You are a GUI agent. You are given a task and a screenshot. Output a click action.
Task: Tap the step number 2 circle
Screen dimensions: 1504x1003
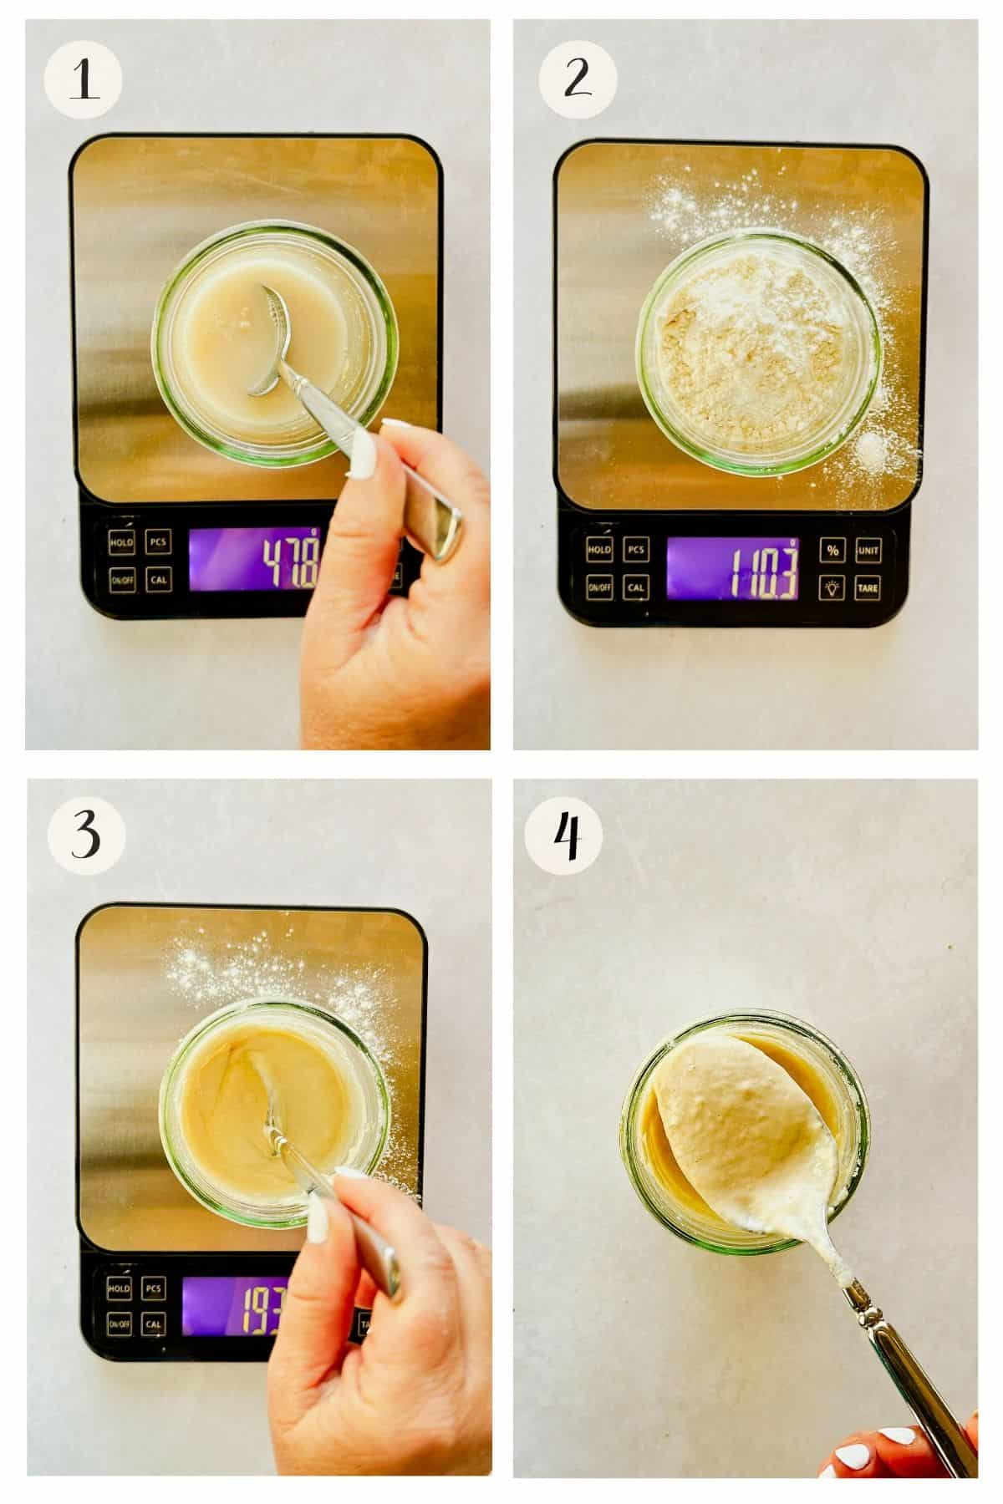point(578,81)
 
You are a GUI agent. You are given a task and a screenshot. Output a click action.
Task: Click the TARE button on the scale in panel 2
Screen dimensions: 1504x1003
point(868,587)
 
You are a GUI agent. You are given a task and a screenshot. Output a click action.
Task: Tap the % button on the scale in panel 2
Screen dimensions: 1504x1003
point(832,550)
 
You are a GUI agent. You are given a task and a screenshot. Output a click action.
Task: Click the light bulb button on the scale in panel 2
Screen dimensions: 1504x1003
point(832,587)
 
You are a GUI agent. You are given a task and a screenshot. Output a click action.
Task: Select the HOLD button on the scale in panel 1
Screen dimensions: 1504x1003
point(121,542)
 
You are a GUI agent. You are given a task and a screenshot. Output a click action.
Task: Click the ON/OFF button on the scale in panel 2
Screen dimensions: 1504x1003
point(598,587)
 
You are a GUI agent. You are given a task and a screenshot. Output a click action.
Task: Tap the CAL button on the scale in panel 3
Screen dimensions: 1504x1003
point(153,1324)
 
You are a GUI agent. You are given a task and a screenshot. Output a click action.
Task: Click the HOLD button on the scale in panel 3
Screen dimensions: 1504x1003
point(119,1289)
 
